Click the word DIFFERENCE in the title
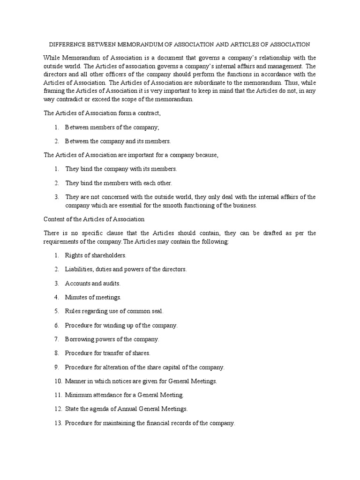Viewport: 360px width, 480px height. (67, 45)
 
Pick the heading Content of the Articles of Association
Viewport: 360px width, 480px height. (94, 219)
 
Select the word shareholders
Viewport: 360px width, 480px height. (108, 255)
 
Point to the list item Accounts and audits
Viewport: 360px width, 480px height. (92, 283)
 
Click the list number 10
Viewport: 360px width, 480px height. (57, 381)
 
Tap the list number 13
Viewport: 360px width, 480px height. (57, 422)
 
